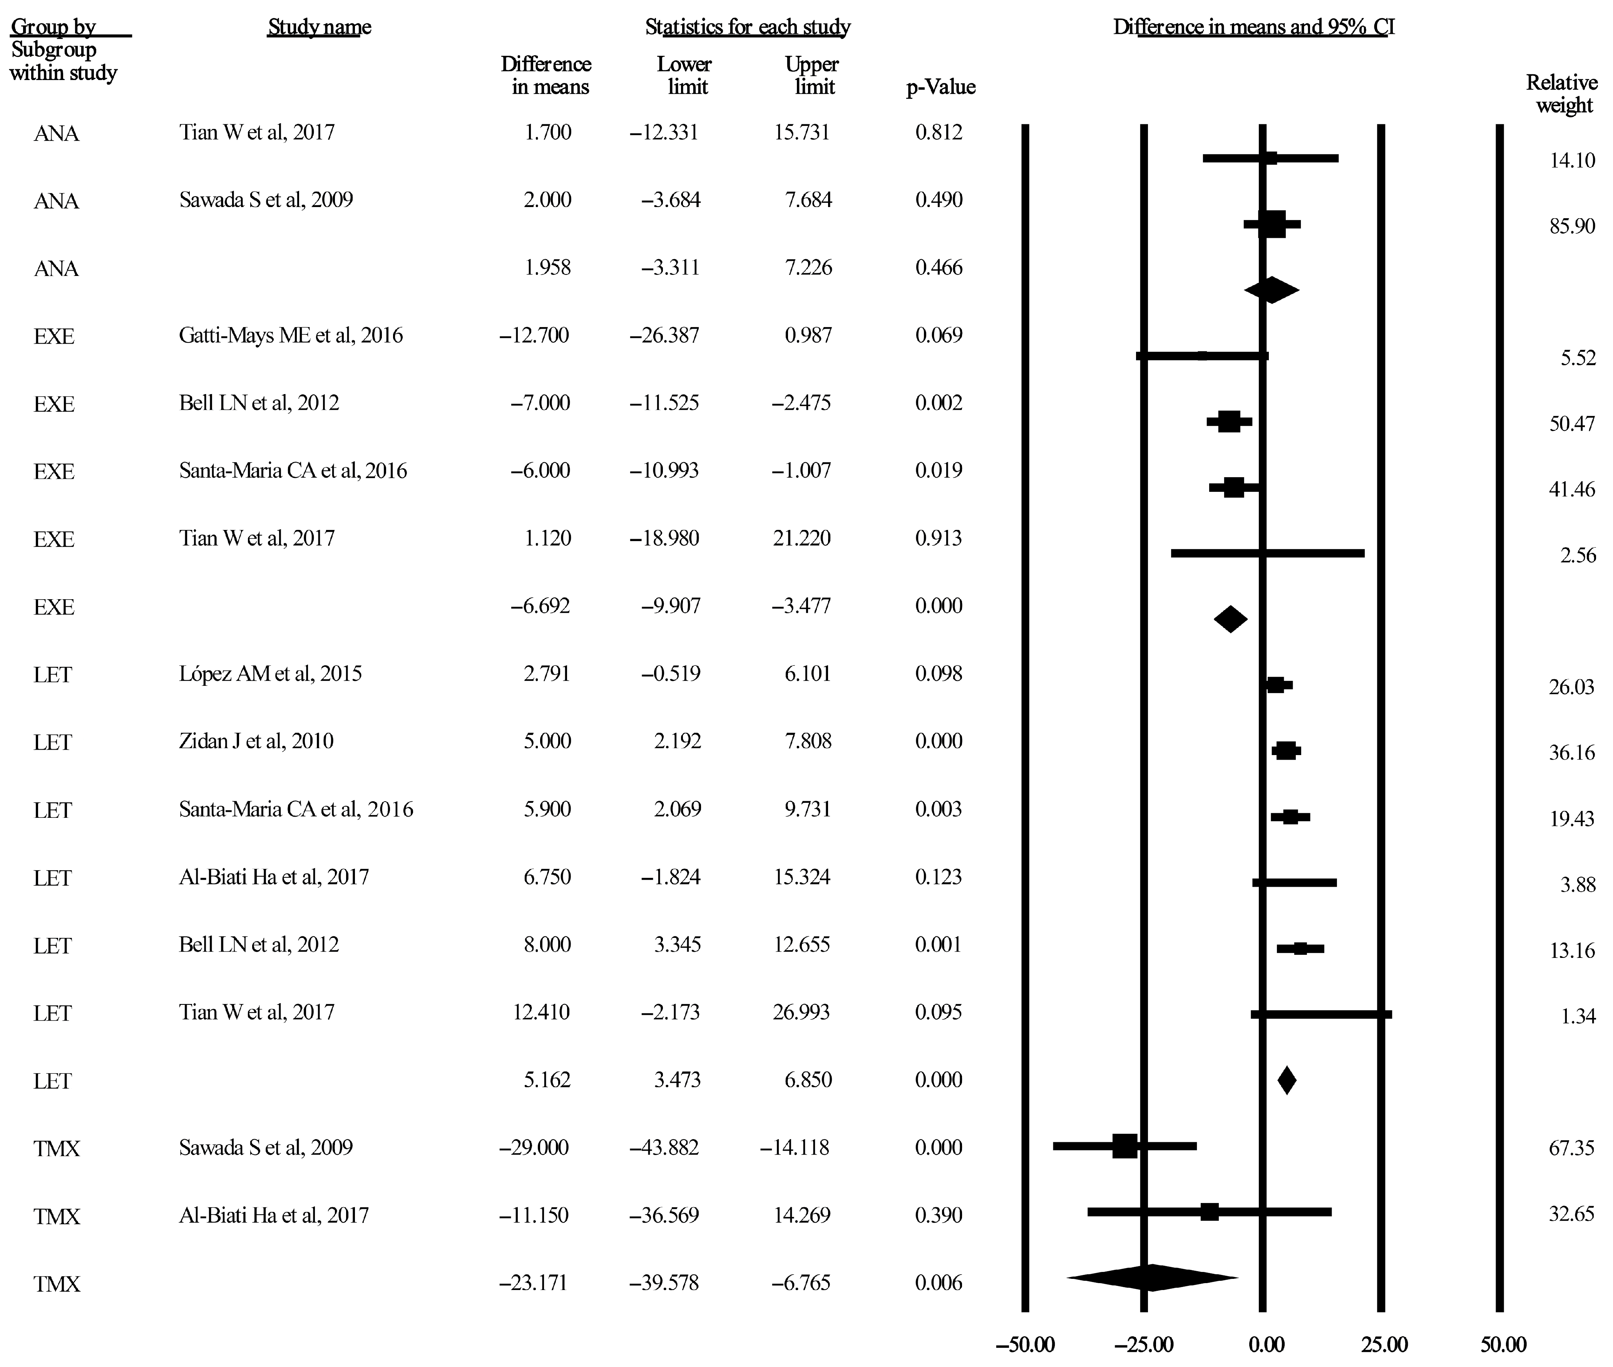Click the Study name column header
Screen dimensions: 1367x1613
click(x=320, y=27)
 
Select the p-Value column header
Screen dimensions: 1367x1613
click(x=940, y=87)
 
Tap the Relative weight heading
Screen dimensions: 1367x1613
click(x=1562, y=94)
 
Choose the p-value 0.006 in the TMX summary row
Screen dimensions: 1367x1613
click(x=939, y=1283)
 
